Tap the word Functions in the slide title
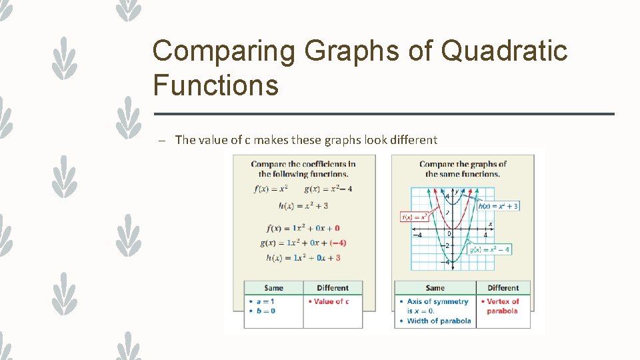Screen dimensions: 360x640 [x=215, y=86]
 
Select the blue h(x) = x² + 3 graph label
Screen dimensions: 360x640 [x=498, y=206]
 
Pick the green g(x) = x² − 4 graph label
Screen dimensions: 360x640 [x=489, y=249]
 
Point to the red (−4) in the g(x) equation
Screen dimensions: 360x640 [x=337, y=243]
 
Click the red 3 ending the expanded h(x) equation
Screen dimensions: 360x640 [x=338, y=257]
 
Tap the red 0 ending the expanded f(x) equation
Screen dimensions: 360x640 [x=337, y=228]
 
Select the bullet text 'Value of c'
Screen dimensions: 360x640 [x=331, y=301]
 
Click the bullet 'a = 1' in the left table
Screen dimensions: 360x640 [x=264, y=301]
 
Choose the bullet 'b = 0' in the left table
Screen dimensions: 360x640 [x=264, y=311]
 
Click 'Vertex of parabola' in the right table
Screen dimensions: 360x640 [x=503, y=306]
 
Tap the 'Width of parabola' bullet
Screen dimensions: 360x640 [x=439, y=321]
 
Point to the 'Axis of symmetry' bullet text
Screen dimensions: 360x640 [x=437, y=301]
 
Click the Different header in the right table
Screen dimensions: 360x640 [x=503, y=288]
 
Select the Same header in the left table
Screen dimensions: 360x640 [x=273, y=288]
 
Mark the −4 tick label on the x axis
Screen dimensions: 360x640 [x=417, y=235]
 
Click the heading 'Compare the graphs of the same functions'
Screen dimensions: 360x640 [x=463, y=169]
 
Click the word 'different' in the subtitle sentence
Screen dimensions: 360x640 [x=412, y=140]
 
